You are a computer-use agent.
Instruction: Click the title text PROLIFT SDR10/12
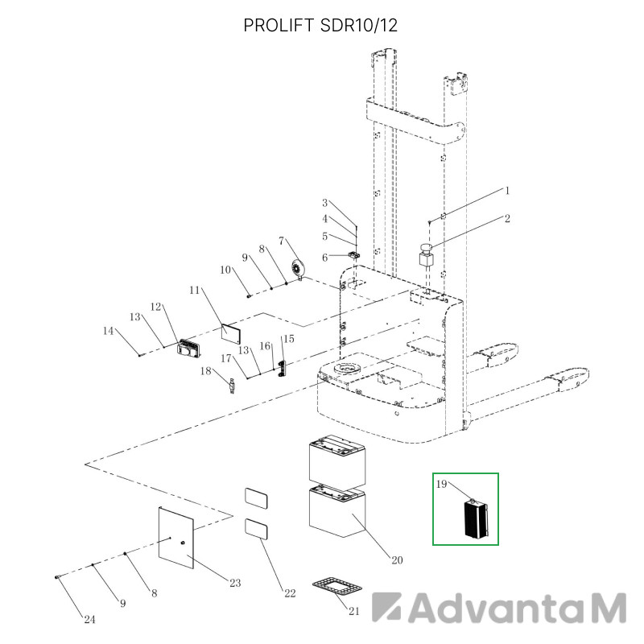click(x=320, y=26)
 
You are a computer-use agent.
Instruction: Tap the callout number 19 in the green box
click(x=441, y=484)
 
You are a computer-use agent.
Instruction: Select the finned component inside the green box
click(x=476, y=518)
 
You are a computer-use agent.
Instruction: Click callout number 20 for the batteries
click(x=397, y=559)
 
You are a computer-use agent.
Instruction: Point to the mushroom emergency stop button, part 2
click(x=427, y=255)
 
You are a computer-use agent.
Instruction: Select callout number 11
click(x=194, y=290)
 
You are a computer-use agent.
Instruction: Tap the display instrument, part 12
click(x=188, y=347)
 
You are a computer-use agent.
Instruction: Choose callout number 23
click(x=235, y=583)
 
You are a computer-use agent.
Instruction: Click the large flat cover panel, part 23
click(x=175, y=538)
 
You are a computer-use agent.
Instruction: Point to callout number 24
click(x=89, y=619)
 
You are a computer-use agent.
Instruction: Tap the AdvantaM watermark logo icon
click(x=386, y=607)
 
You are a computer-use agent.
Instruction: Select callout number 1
click(x=507, y=191)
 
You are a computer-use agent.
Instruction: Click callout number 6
click(x=325, y=258)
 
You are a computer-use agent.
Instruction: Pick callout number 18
click(x=206, y=371)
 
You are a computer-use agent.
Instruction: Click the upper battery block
click(x=336, y=459)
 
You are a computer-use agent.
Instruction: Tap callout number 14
click(x=108, y=331)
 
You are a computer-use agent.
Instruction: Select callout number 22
click(x=290, y=593)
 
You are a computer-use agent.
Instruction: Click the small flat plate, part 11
click(x=231, y=333)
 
